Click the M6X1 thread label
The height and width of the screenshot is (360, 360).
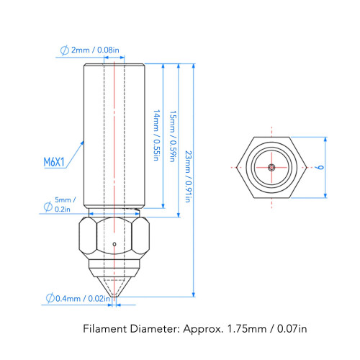(x=54, y=162)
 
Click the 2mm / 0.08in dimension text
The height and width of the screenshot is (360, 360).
(x=95, y=50)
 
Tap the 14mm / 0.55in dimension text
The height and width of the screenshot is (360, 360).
(x=157, y=135)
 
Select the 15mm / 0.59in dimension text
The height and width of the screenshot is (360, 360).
(x=174, y=136)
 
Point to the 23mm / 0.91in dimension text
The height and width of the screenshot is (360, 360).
(x=189, y=176)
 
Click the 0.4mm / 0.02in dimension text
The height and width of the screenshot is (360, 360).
(x=83, y=299)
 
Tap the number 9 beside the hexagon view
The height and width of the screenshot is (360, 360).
(x=320, y=167)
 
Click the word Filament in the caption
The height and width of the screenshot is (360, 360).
(x=105, y=328)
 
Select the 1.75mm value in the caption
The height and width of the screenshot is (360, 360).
(x=247, y=328)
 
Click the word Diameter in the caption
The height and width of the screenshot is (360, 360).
(x=155, y=328)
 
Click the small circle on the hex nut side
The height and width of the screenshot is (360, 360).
(x=114, y=244)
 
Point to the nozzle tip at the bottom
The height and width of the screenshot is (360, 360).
(x=114, y=296)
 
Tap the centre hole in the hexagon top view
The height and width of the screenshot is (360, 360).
(x=271, y=167)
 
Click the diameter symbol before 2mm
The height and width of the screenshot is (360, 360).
(x=64, y=50)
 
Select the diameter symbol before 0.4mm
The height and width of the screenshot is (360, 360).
(x=50, y=298)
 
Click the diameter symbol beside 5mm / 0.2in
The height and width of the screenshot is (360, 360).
(x=48, y=207)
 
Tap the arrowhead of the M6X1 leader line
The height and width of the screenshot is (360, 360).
(x=82, y=143)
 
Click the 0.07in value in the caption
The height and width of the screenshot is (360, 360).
(x=292, y=328)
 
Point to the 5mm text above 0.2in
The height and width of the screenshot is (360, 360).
(x=63, y=200)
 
